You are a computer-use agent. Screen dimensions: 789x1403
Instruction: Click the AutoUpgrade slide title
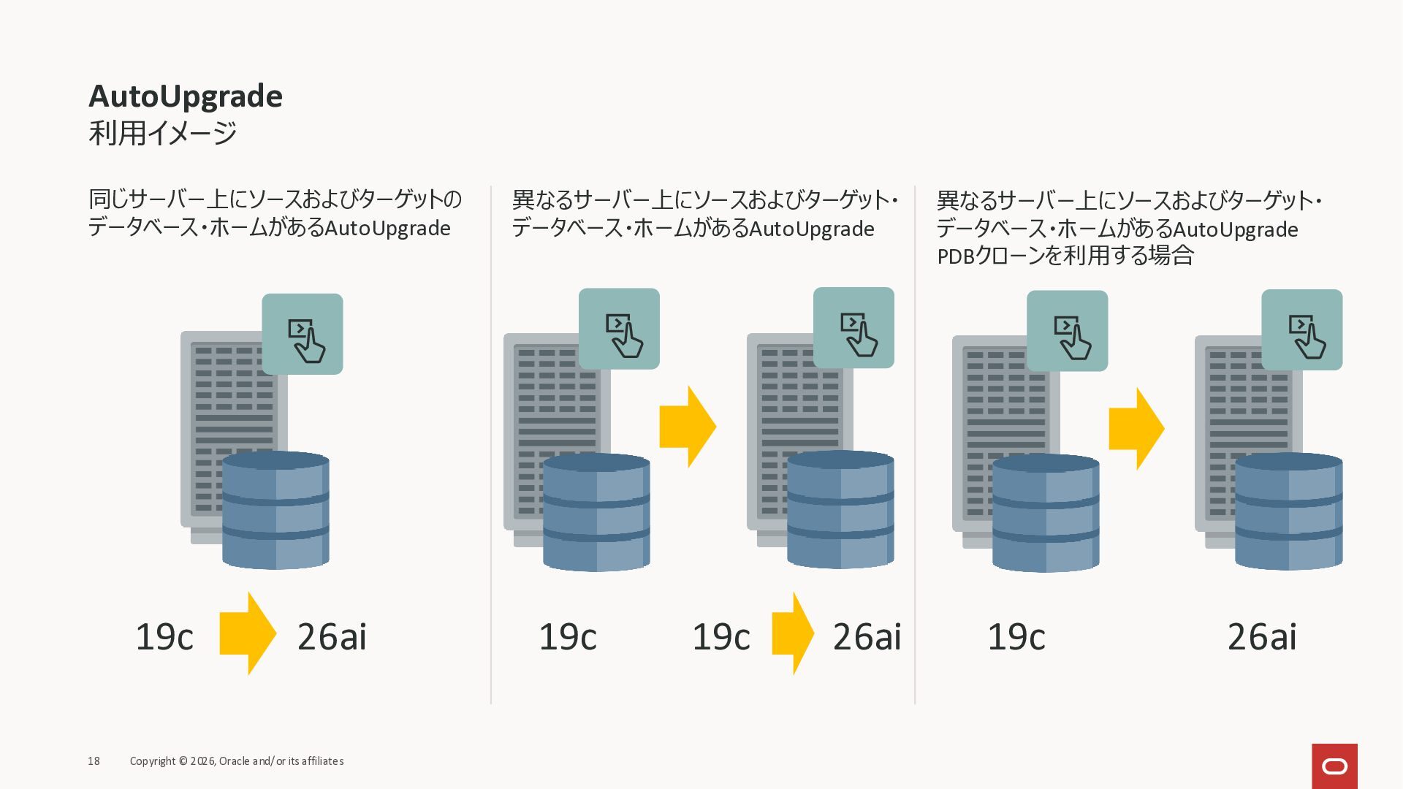[x=186, y=96]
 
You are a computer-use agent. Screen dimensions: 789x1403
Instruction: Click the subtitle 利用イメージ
[x=162, y=133]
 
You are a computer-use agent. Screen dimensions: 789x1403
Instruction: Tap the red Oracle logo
[x=1334, y=766]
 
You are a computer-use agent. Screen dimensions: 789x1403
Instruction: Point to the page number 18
[x=94, y=761]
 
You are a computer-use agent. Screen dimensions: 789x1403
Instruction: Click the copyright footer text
[x=237, y=761]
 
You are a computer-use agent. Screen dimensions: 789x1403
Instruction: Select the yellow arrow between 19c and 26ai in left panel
[x=248, y=633]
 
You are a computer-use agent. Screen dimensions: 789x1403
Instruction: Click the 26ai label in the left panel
[x=332, y=636]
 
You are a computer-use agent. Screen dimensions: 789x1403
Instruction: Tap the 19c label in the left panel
[x=164, y=636]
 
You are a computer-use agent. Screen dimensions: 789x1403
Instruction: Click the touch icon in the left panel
[x=303, y=334]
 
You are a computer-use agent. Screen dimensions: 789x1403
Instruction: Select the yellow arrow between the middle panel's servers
[x=687, y=427]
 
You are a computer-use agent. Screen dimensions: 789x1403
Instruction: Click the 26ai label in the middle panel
[x=867, y=636]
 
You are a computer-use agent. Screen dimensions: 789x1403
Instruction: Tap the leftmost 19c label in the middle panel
[x=568, y=636]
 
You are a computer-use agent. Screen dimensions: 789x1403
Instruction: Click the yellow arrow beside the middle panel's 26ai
[x=793, y=633]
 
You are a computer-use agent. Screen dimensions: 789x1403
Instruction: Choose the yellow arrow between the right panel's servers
[x=1136, y=429]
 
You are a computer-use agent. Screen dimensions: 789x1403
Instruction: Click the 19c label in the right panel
[x=1016, y=636]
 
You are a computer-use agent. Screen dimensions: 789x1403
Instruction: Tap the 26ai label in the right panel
[x=1262, y=636]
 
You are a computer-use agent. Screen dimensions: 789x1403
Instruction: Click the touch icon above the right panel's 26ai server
[x=1301, y=329]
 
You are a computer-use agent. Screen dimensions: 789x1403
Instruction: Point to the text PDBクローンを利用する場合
[x=1065, y=256]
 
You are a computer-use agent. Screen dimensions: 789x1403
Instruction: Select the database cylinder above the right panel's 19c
[x=1046, y=512]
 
